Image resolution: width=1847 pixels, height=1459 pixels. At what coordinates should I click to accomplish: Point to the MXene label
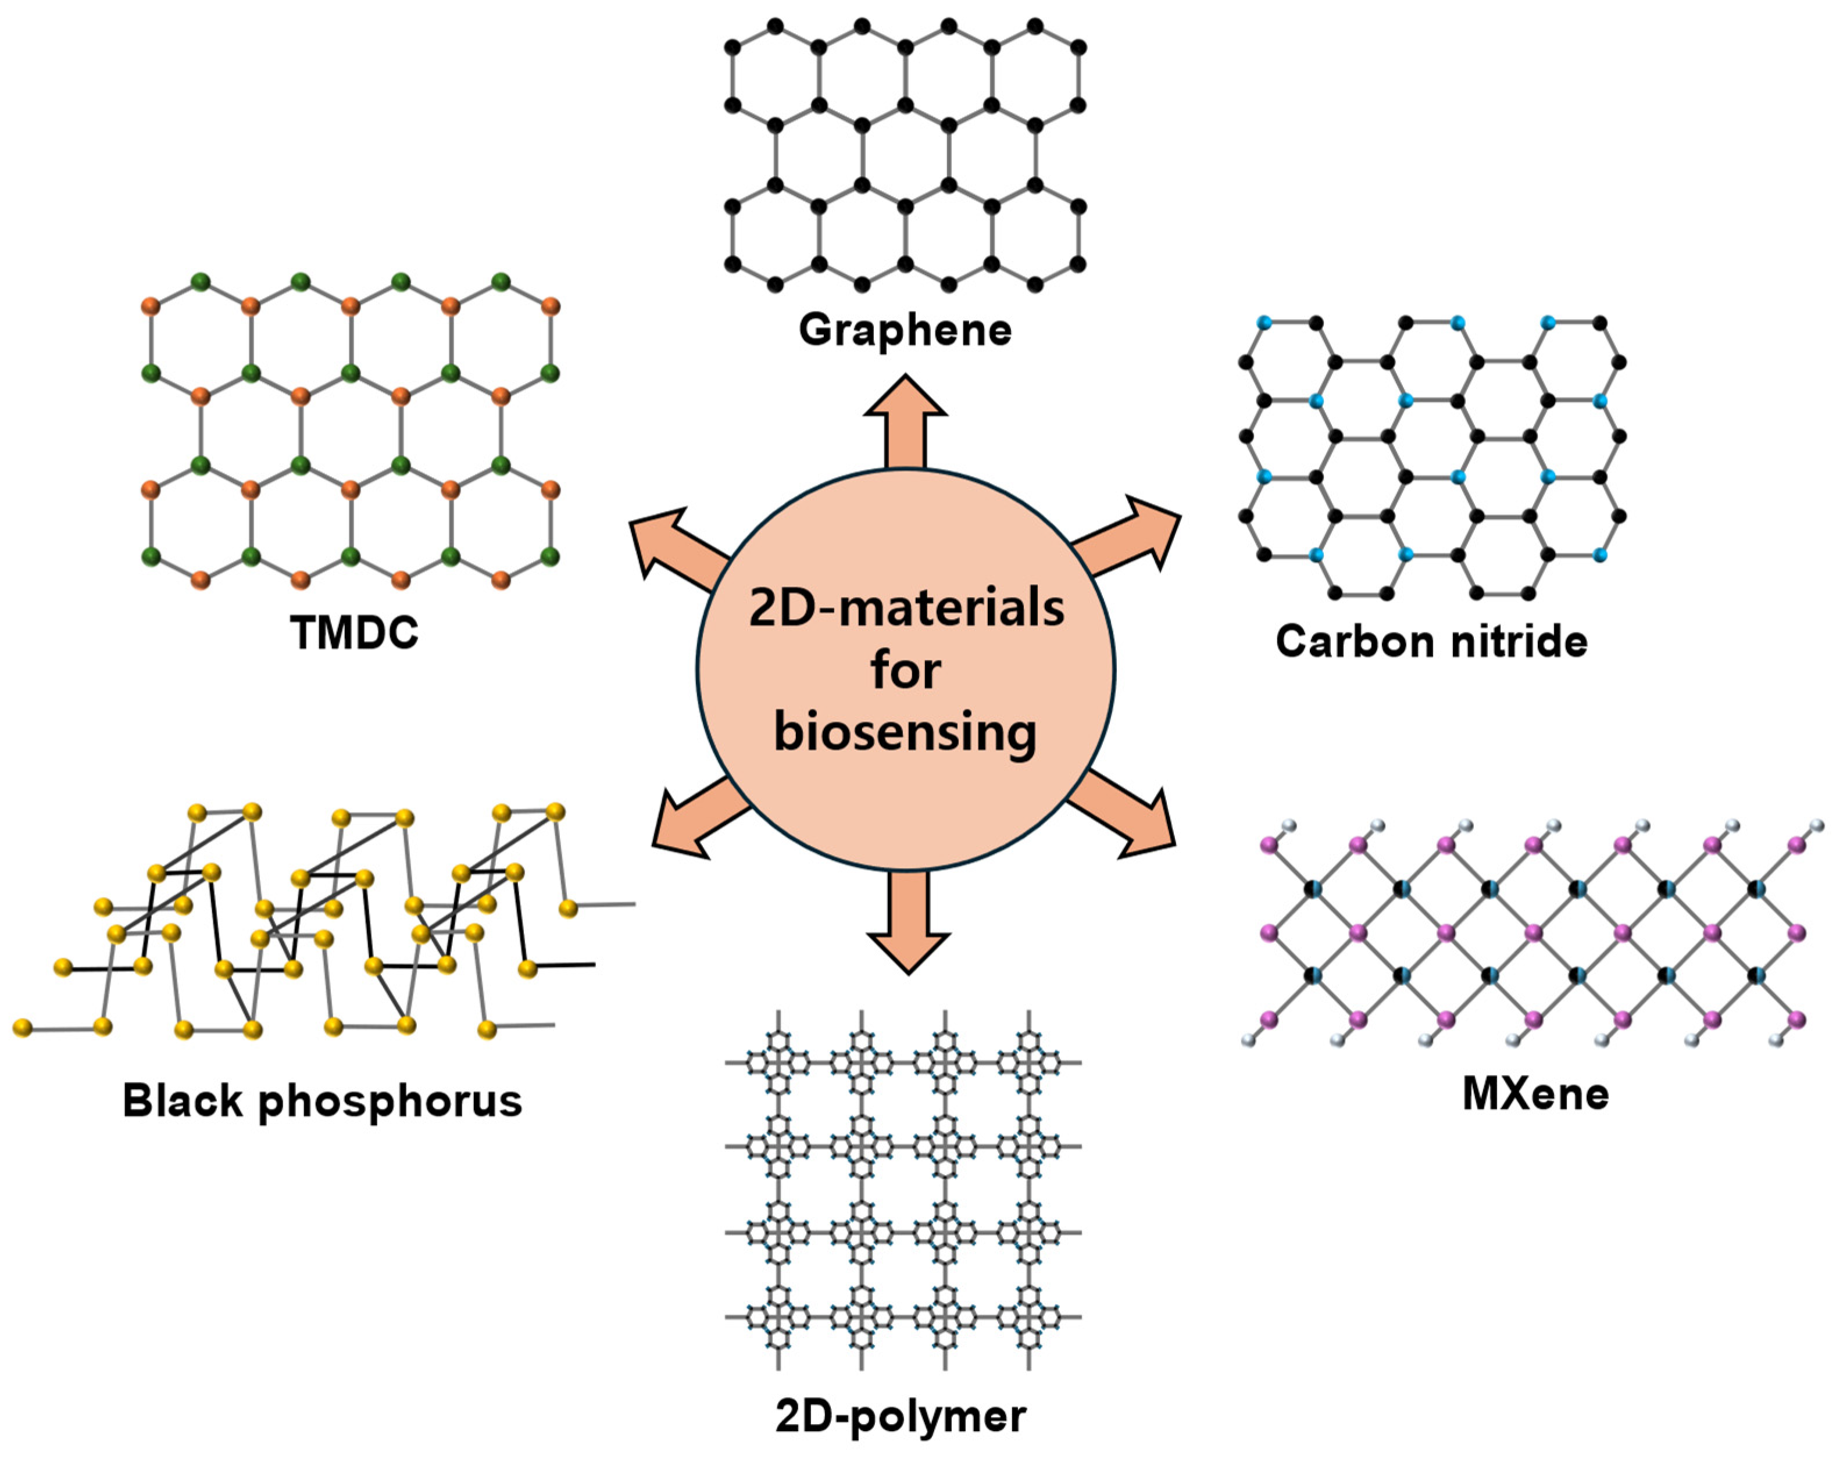(x=1535, y=1093)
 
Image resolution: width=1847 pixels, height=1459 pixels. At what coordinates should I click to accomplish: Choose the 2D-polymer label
(x=901, y=1417)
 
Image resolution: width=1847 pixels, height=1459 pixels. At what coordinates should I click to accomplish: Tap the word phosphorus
(x=390, y=1102)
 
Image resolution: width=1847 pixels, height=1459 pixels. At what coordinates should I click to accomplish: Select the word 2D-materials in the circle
(x=906, y=608)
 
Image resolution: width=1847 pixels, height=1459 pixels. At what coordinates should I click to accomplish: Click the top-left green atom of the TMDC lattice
(x=201, y=282)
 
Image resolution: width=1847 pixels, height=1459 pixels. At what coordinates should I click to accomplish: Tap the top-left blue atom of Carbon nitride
(x=1264, y=323)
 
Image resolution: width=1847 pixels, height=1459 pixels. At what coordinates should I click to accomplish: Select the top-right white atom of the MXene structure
(x=1817, y=826)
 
